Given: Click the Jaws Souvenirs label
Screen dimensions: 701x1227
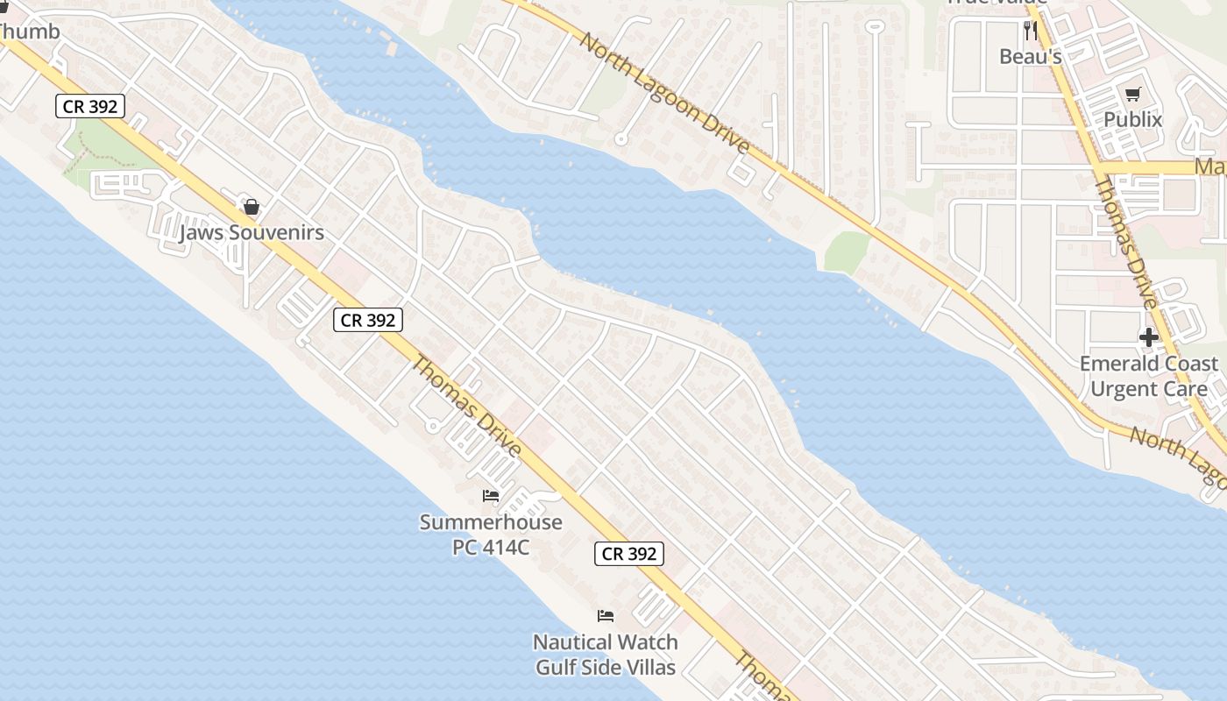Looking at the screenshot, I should click(x=252, y=233).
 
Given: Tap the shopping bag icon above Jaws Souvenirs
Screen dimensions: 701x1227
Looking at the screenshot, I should click(x=252, y=208).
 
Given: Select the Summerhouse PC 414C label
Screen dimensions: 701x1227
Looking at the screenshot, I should click(x=491, y=535).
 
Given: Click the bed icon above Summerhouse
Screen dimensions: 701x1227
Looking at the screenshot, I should click(x=491, y=496).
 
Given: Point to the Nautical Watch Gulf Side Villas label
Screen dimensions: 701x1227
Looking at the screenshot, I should click(x=606, y=655).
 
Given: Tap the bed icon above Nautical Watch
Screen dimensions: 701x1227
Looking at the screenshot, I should click(x=606, y=615).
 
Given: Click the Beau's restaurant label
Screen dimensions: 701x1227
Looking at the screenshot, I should click(x=1031, y=57).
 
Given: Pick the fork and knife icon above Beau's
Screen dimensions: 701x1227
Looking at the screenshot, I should click(x=1031, y=32).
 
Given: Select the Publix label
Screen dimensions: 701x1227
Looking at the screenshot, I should click(x=1133, y=119).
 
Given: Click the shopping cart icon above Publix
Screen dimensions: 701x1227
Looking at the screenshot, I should click(x=1133, y=94).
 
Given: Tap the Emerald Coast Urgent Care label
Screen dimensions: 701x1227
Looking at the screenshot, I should click(x=1148, y=376).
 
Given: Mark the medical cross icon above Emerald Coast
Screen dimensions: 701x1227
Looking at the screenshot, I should click(x=1148, y=337).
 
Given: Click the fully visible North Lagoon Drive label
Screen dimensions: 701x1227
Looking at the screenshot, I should click(x=665, y=94).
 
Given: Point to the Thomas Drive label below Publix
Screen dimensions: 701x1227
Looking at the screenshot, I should click(x=1127, y=241).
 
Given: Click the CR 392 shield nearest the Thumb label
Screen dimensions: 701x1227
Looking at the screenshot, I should click(x=91, y=107).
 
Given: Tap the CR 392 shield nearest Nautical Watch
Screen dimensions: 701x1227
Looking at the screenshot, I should click(x=628, y=554).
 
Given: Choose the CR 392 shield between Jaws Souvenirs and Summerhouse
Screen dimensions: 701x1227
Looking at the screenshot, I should click(x=368, y=321).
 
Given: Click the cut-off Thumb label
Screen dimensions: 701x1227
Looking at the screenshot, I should click(x=29, y=32).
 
